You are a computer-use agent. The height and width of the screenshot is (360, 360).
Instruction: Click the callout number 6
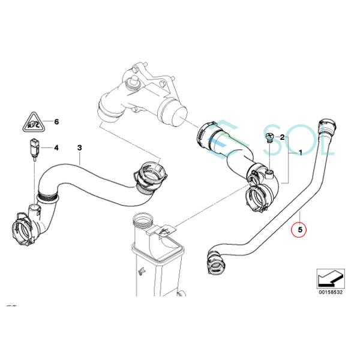pyautogui.click(x=56, y=122)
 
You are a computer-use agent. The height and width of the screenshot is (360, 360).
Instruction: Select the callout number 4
pyautogui.click(x=56, y=148)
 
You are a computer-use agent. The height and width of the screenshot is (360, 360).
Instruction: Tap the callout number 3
pyautogui.click(x=79, y=147)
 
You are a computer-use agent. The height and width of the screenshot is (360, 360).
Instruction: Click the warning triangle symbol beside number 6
pyautogui.click(x=31, y=124)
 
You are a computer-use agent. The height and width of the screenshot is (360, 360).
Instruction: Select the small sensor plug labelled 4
pyautogui.click(x=34, y=148)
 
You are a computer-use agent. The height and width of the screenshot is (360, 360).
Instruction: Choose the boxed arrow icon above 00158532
pyautogui.click(x=330, y=277)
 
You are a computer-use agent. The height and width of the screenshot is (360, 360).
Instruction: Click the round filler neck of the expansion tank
pyautogui.click(x=141, y=219)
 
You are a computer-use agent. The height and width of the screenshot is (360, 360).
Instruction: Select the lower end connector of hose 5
pyautogui.click(x=215, y=262)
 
